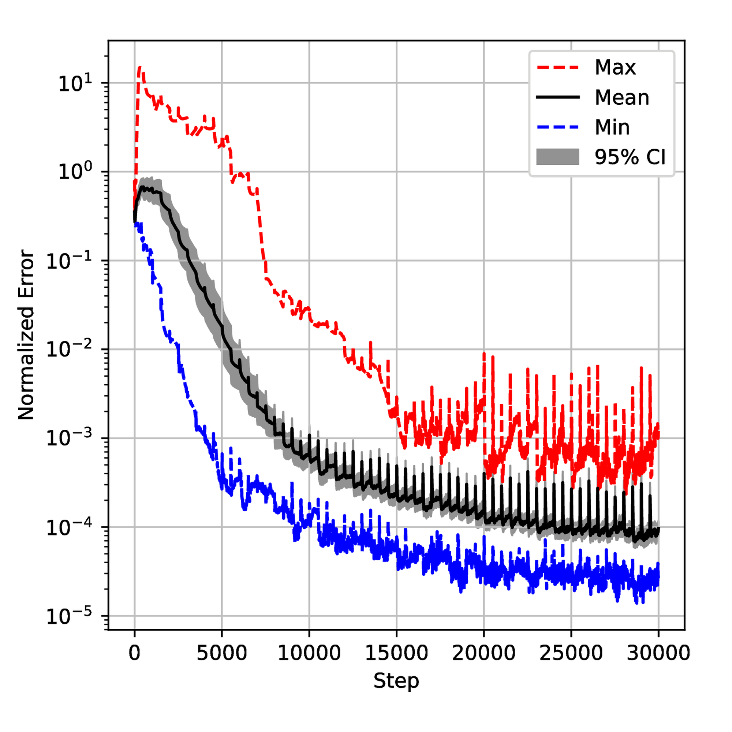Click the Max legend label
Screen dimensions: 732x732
pos(615,67)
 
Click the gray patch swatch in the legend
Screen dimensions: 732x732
pos(558,157)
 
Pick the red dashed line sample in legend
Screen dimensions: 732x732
pos(558,67)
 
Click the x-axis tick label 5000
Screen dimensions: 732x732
pos(222,653)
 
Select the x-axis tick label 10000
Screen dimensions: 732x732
pos(309,653)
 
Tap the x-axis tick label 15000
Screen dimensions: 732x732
pos(396,653)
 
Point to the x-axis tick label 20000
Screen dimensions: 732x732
pos(483,653)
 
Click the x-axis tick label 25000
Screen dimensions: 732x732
pos(571,653)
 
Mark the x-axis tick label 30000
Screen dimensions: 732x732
pos(658,653)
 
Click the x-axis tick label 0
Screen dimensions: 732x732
pos(134,653)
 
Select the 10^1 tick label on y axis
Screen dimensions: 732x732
pos(75,83)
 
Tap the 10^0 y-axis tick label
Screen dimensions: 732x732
pos(75,172)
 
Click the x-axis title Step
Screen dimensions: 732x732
pos(396,681)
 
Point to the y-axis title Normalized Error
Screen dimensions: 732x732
pos(26,335)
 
